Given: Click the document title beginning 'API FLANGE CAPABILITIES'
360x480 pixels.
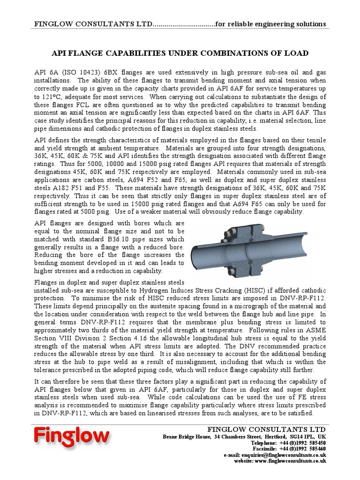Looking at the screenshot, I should pos(180,53).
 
